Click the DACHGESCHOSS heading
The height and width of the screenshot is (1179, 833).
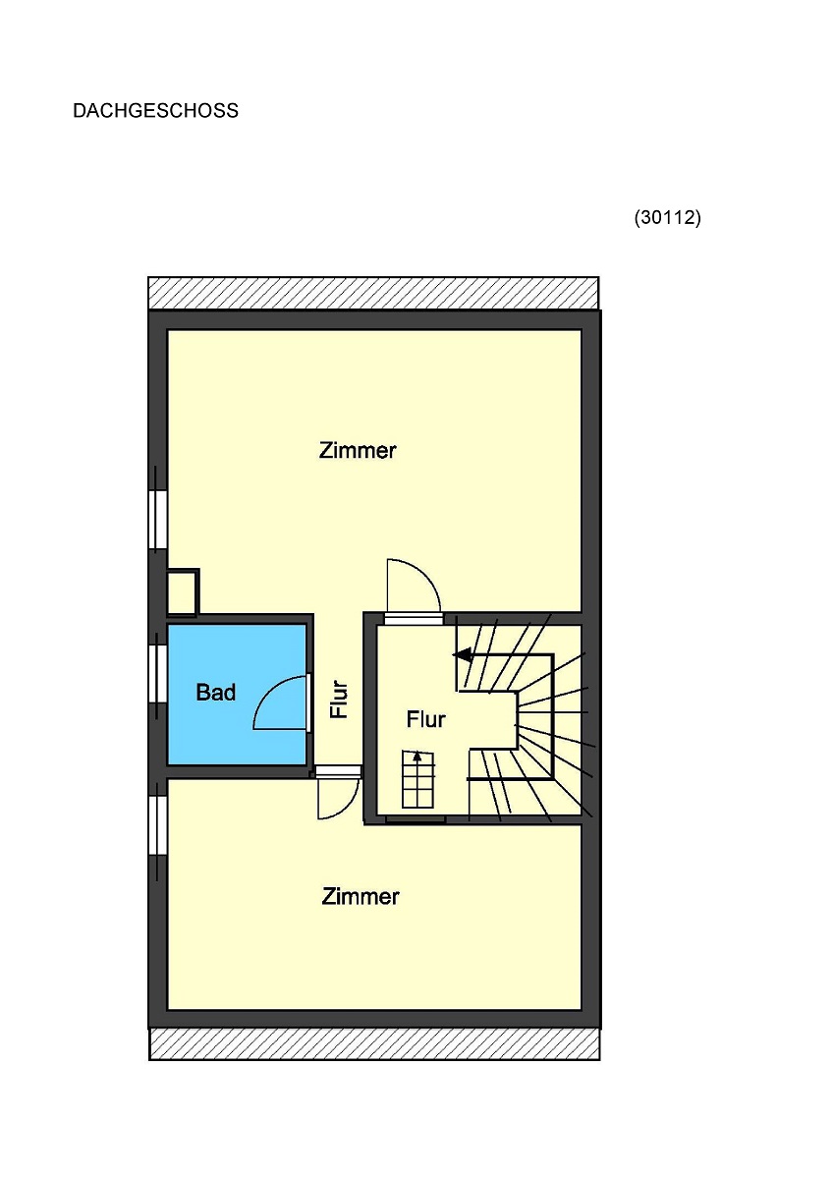pyautogui.click(x=155, y=110)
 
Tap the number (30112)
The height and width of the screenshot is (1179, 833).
pyautogui.click(x=667, y=217)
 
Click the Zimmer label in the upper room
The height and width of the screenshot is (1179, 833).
pyautogui.click(x=358, y=451)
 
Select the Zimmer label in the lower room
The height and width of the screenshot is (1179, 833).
pyautogui.click(x=360, y=896)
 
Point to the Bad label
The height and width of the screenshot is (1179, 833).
pyautogui.click(x=216, y=692)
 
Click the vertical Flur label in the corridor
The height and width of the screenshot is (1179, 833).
pyautogui.click(x=340, y=700)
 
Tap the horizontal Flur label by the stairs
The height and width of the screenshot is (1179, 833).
pyautogui.click(x=425, y=719)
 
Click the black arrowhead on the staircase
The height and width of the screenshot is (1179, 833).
pyautogui.click(x=463, y=655)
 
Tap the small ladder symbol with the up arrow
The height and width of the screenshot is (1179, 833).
pyautogui.click(x=418, y=779)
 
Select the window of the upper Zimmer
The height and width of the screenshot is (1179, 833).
pyautogui.click(x=158, y=520)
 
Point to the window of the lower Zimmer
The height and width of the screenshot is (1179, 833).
pyautogui.click(x=158, y=824)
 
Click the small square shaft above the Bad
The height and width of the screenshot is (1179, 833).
pyautogui.click(x=183, y=592)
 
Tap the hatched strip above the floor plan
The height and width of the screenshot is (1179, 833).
pyautogui.click(x=373, y=293)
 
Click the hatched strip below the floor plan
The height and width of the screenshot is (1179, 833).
pyautogui.click(x=374, y=1044)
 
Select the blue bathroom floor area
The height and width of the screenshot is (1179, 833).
pyautogui.click(x=237, y=695)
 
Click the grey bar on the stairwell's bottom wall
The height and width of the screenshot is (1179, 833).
pyautogui.click(x=416, y=819)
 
